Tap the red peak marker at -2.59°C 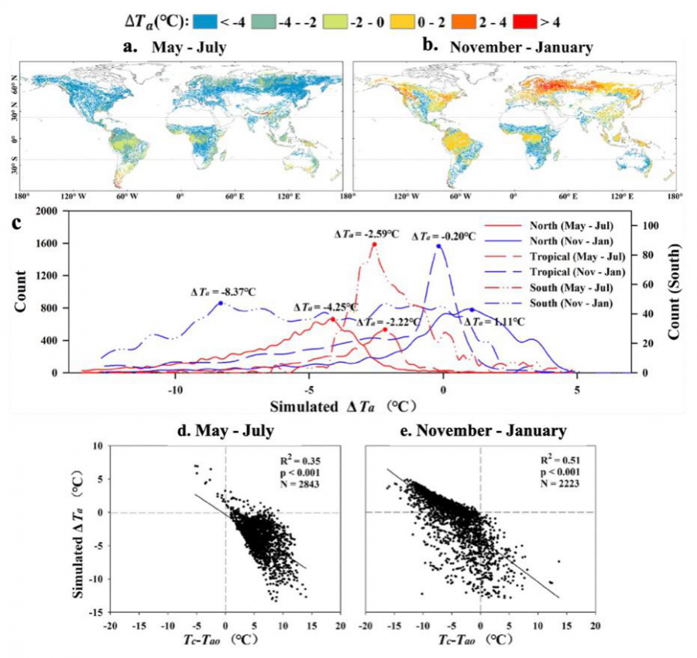374,244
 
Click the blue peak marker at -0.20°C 438,246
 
